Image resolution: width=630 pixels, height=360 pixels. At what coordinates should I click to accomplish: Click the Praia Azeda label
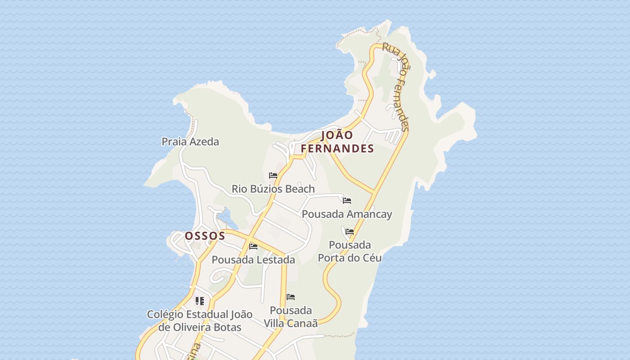point(190,142)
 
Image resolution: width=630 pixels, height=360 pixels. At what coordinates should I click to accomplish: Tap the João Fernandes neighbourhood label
point(337,142)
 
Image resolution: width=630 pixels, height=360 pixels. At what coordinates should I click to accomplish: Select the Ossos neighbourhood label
point(205,236)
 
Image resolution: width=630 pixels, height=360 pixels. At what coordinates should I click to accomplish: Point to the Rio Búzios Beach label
point(273,189)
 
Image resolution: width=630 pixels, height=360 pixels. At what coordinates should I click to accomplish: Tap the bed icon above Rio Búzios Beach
point(273,175)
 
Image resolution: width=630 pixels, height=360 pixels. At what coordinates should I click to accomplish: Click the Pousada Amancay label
point(347,214)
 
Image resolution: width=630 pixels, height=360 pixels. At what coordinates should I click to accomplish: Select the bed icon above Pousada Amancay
point(347,201)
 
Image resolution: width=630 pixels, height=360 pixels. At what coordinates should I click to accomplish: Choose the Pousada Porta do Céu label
point(350,252)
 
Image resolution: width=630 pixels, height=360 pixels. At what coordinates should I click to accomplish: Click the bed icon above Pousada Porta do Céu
point(350,232)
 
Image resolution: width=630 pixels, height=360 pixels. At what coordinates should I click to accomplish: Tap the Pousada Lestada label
point(253,260)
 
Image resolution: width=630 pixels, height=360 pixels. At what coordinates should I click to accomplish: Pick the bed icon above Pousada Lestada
point(253,247)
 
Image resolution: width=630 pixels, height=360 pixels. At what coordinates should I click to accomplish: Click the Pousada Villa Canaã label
point(291,317)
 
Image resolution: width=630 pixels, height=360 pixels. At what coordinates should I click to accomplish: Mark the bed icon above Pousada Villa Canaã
point(291,297)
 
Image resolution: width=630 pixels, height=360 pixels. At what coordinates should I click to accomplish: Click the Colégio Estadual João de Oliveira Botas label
point(200,321)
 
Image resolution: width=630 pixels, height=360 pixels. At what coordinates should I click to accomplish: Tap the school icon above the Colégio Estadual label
point(200,301)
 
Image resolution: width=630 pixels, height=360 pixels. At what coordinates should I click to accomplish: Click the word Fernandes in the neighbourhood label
point(337,148)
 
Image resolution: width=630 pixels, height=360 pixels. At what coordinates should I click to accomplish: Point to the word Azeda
point(205,142)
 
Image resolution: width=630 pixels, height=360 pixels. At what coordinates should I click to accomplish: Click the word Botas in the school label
point(227,327)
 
